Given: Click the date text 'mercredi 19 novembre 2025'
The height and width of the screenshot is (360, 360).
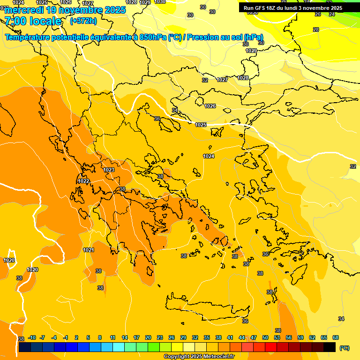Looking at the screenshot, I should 65,10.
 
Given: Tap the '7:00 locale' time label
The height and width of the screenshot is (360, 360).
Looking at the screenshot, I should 33,21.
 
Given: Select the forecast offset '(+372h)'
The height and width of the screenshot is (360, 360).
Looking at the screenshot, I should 83,21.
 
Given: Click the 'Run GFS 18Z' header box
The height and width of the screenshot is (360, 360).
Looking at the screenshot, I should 292,8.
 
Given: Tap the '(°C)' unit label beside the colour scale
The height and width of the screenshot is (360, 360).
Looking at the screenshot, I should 344,348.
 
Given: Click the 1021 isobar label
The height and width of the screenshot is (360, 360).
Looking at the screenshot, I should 89,250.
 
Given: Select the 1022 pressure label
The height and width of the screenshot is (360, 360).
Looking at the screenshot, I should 83,181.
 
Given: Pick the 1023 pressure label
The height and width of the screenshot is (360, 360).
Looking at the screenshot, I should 109,170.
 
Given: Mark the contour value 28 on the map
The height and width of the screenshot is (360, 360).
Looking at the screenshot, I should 316,30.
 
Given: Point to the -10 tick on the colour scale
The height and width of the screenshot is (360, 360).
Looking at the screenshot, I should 32,338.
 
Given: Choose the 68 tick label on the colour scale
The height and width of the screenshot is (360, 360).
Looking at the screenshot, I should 336,338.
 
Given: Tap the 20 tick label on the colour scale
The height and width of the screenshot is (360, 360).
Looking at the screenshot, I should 148,338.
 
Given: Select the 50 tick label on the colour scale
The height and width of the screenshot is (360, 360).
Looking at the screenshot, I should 265,338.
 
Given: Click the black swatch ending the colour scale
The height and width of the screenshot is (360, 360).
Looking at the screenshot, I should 330,347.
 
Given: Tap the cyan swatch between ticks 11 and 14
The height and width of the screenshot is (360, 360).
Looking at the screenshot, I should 119,347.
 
